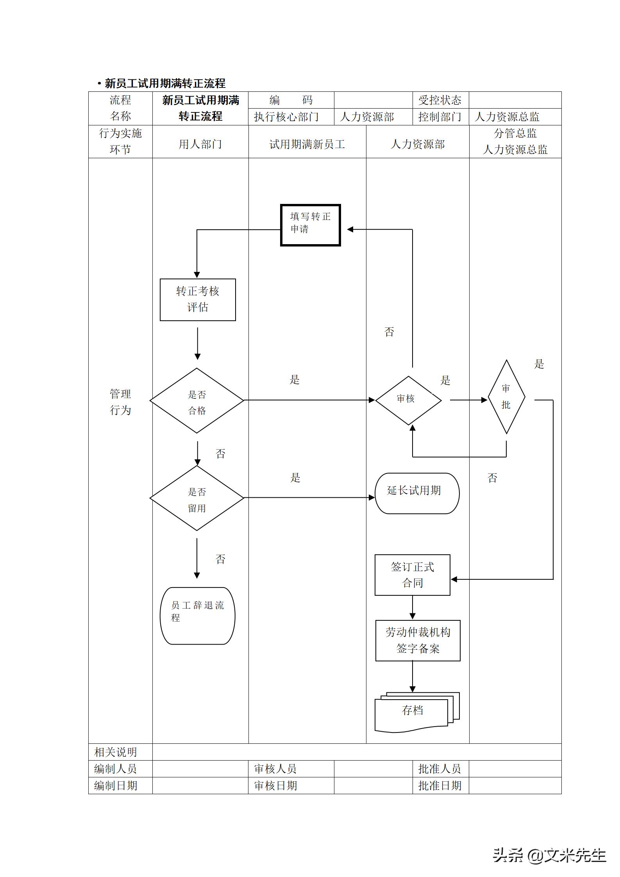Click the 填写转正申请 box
(x=311, y=225)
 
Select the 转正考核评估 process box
(x=198, y=300)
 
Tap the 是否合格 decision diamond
(x=197, y=400)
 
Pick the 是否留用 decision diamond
(x=197, y=498)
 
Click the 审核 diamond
(x=408, y=400)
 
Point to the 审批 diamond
(x=506, y=397)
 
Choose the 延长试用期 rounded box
(x=417, y=493)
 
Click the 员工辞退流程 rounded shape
(x=198, y=616)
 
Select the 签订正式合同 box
(x=412, y=575)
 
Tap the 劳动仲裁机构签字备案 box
(x=418, y=640)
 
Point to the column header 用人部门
(x=200, y=144)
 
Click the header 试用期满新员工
(x=307, y=145)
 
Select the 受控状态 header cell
(x=440, y=100)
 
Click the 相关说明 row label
(x=116, y=752)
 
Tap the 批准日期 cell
(x=440, y=785)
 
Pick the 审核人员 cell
(x=276, y=769)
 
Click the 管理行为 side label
(x=120, y=402)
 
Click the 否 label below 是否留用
(x=220, y=559)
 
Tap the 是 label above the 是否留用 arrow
(x=295, y=477)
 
